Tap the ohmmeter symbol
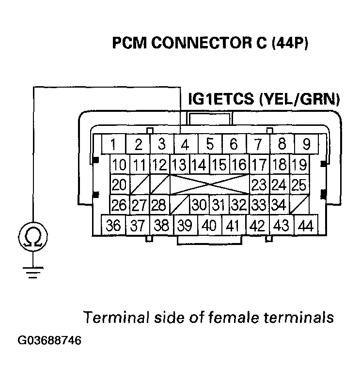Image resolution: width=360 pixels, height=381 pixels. tap(31, 238)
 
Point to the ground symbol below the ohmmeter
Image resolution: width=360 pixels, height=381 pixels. tap(31, 275)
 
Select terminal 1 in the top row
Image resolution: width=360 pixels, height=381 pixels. tap(113, 145)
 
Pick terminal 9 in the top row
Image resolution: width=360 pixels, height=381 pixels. tap(306, 145)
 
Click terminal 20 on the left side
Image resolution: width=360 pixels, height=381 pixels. tap(119, 184)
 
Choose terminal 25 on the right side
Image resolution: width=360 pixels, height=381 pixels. tap(299, 184)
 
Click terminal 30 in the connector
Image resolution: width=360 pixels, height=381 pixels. tap(199, 205)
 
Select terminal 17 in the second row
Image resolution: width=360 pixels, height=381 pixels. tap(259, 164)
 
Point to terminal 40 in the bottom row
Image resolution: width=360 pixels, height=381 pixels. tap(209, 226)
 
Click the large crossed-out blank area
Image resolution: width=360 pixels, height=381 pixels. tap(209, 184)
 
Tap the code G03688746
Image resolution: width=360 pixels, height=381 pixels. tap(50, 340)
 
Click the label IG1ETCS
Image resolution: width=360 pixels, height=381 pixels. tap(221, 100)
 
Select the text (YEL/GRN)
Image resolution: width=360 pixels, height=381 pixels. tap(300, 100)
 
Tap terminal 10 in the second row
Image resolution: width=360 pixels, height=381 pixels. tap(119, 164)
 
